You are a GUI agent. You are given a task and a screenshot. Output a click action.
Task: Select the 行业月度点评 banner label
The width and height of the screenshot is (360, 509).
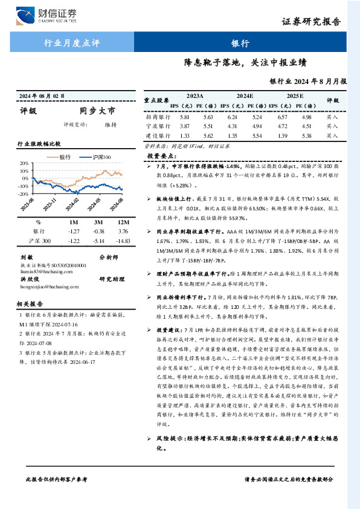pos(72,43)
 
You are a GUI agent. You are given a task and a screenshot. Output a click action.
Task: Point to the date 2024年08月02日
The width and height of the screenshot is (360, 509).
pos(42,96)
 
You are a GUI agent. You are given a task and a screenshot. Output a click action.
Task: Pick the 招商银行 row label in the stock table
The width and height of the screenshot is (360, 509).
pos(157,116)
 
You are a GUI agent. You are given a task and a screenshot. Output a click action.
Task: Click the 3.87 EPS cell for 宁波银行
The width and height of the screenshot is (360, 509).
pos(168,126)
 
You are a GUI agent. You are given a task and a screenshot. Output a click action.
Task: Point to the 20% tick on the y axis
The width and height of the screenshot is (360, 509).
pos(24,164)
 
